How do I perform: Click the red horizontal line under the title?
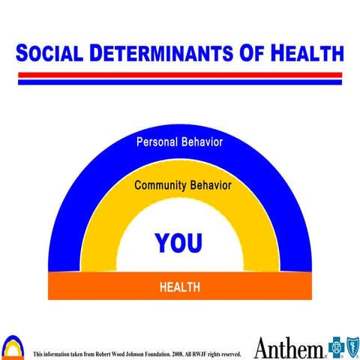180,74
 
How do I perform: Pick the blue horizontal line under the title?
180,81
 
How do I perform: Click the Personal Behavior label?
179,141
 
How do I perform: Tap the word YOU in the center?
178,242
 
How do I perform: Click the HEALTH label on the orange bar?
179,287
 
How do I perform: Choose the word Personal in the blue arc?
157,141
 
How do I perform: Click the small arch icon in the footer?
13,346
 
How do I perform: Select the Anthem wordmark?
289,347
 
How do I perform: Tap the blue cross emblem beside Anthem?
335,347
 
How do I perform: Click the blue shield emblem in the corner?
351,347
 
